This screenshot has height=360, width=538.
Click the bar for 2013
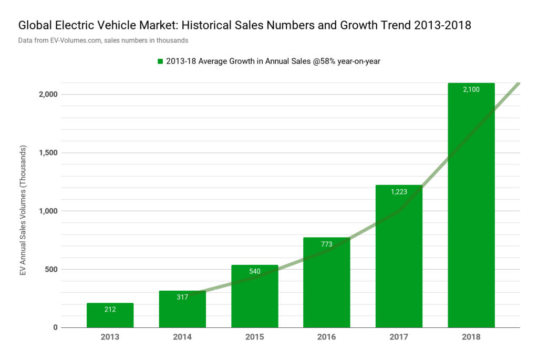110,315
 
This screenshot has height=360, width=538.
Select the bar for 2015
254,300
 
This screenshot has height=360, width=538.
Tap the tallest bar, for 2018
471,210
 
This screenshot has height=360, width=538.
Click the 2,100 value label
471,90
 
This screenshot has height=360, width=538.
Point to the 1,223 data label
399,192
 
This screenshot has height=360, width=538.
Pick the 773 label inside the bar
326,244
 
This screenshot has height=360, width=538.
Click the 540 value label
254,272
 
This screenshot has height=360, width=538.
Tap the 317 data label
182,297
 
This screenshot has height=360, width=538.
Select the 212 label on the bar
110,310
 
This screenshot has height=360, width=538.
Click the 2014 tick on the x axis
182,337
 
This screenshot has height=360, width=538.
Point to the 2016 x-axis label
326,337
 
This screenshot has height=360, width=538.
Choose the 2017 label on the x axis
399,337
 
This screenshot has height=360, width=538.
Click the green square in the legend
160,61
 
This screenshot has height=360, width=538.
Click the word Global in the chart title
34,25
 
